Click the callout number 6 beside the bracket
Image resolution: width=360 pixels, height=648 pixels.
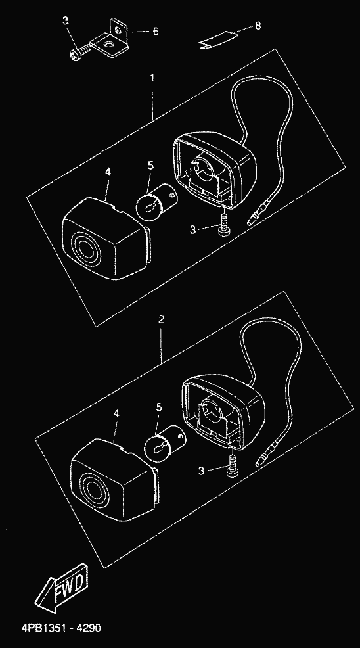pos(156,32)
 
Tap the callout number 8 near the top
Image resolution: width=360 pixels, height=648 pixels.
pos(258,26)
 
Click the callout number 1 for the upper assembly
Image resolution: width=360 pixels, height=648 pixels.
pos(152,78)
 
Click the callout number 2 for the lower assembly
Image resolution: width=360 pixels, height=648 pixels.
pos(162,319)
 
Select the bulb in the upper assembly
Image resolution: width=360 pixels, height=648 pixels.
pos(155,199)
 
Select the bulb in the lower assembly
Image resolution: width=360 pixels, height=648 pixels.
pos(164,442)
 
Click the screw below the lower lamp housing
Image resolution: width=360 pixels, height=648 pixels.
pos(233,466)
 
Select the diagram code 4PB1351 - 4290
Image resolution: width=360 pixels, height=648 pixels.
pos(61,628)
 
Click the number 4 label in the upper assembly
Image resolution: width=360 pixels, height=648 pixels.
pos(108,172)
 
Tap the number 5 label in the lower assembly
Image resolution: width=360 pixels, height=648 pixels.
pos(159,407)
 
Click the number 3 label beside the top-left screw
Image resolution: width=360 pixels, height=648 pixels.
pos(66,20)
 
